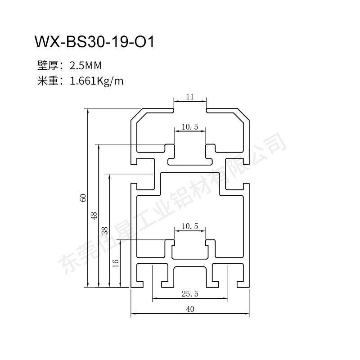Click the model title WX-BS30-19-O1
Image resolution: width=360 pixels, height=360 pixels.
point(94,43)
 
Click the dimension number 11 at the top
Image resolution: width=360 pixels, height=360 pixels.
point(189,96)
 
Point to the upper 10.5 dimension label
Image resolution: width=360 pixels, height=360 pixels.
point(190,127)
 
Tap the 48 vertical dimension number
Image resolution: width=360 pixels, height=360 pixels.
point(94,215)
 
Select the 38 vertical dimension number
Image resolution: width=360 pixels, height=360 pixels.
point(104,230)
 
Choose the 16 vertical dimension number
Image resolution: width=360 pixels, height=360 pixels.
point(116,263)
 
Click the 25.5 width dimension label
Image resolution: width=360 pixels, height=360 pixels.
point(190,294)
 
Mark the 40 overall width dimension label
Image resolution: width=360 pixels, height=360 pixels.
point(190,309)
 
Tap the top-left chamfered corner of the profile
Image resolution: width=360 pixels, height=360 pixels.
point(136,115)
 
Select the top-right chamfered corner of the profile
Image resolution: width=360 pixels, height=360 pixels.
point(243,115)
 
